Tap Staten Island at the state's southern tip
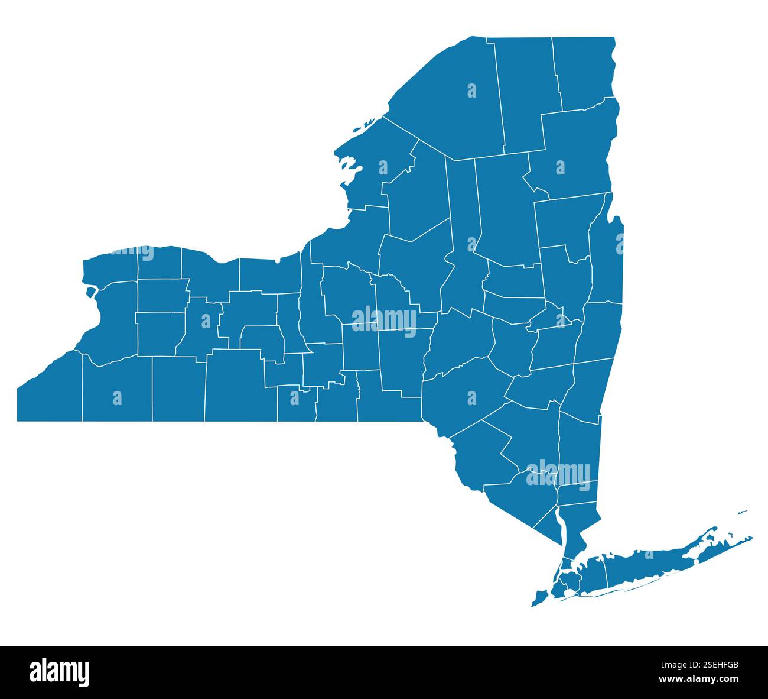coord(539,597)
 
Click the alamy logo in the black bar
coord(59,672)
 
